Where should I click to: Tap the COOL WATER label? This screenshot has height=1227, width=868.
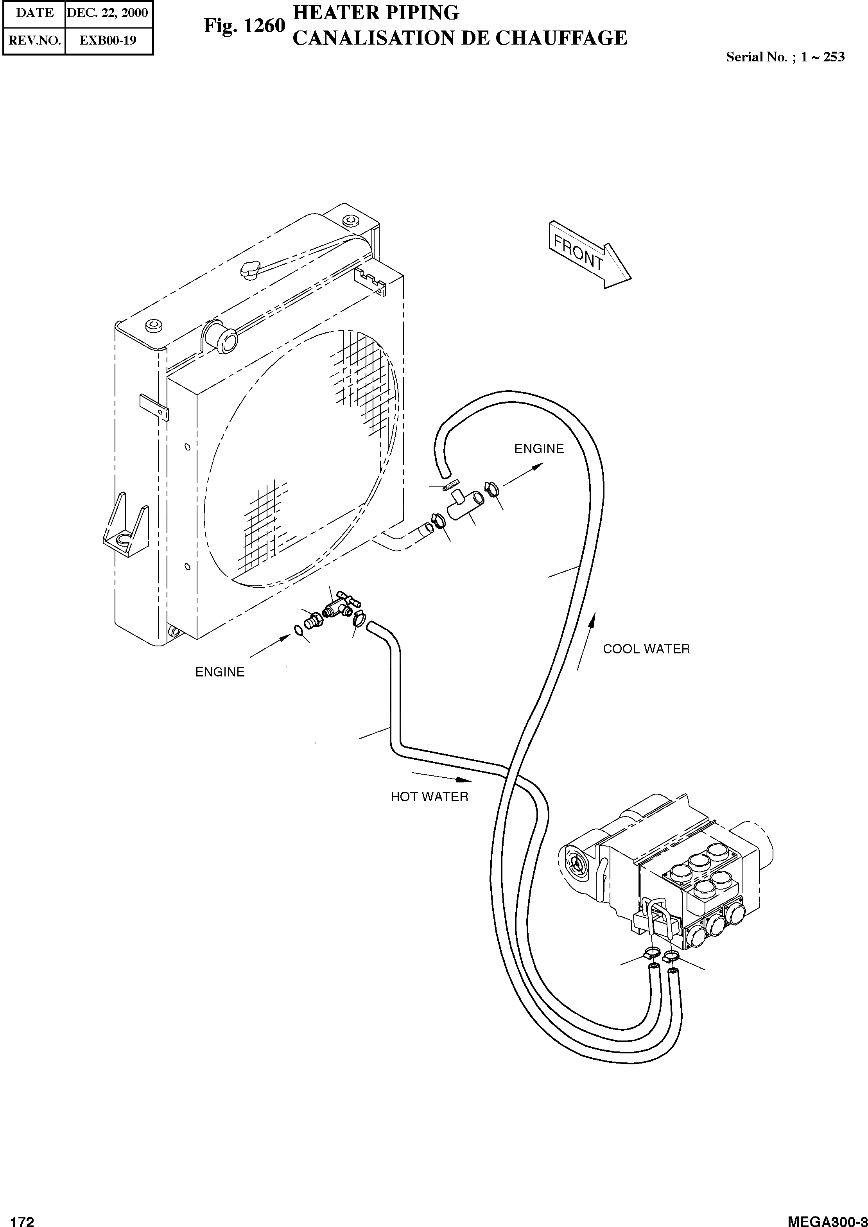tap(646, 649)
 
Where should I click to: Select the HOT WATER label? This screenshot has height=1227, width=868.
tap(429, 797)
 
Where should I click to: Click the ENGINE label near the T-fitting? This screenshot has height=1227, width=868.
tap(539, 449)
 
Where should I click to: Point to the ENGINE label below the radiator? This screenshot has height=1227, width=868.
tap(220, 672)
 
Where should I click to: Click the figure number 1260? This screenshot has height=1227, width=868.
tap(244, 25)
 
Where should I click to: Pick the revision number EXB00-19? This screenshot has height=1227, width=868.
tap(108, 40)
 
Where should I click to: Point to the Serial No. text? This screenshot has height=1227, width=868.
tap(785, 57)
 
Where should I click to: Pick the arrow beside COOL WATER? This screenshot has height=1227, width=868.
tap(586, 642)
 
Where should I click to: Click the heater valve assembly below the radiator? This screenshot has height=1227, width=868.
tap(340, 607)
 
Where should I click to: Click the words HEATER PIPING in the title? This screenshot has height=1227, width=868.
tap(376, 12)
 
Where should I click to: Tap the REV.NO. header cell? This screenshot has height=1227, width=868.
tap(34, 40)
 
